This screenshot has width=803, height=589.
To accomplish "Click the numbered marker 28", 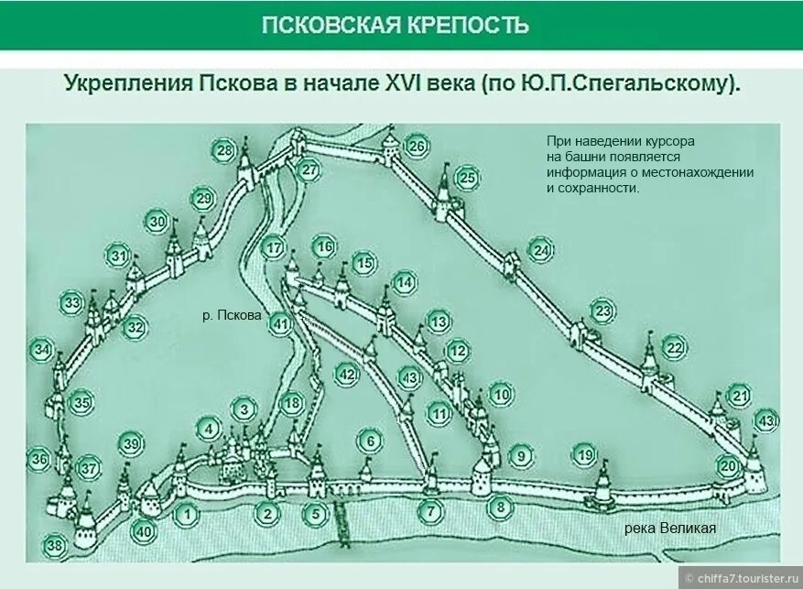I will point(223,150).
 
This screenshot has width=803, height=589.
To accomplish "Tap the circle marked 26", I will point(417,147).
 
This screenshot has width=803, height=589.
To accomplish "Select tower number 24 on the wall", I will point(541,249).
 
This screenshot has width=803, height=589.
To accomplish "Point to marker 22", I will point(675,347).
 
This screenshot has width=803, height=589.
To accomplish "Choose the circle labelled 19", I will point(585,453).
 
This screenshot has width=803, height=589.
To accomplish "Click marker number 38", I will point(56,547).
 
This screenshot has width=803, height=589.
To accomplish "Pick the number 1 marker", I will point(186,515).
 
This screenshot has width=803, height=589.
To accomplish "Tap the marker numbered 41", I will point(281,323).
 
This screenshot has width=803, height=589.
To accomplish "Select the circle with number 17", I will point(275,248).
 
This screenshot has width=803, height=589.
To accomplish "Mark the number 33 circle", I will point(72,303).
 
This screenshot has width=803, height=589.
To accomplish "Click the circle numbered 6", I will point(370,442).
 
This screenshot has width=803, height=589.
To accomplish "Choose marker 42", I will point(346,374).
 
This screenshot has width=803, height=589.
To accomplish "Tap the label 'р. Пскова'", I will point(232,316).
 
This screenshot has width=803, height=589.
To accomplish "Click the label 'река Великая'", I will point(669,529).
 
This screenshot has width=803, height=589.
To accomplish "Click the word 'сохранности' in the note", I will point(601,188).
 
